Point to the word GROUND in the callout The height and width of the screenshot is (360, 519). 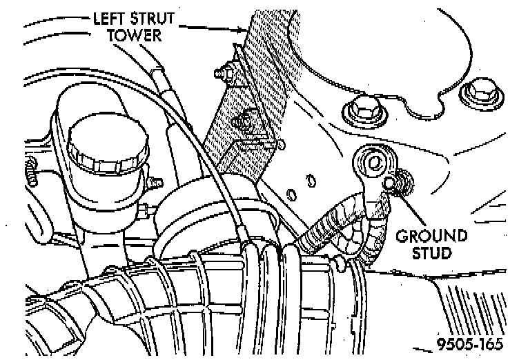click(x=431, y=237)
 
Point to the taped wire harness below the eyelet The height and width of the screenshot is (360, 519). click(x=338, y=228)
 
